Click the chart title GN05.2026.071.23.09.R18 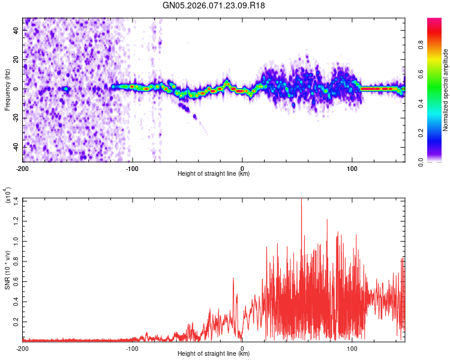[x=214, y=5]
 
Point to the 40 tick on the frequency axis [x=16, y=31]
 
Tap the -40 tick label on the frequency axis [x=15, y=147]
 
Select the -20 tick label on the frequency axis [x=15, y=118]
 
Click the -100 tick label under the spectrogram [x=132, y=167]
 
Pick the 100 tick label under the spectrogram [x=352, y=167]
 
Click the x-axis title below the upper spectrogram [x=214, y=174]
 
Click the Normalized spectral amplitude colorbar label [x=446, y=90]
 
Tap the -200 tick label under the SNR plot [x=23, y=348]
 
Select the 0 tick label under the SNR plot [x=242, y=348]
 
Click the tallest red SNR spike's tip [x=301, y=199]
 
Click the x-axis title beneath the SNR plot [x=214, y=355]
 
